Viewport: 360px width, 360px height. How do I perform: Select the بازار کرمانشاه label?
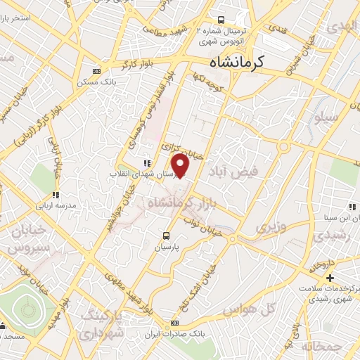[191, 203]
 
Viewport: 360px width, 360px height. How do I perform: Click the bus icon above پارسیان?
[166, 236]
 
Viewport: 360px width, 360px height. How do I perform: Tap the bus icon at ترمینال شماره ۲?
[221, 20]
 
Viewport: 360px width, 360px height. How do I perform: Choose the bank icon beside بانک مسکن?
[96, 71]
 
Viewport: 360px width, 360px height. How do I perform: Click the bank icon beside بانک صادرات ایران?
[175, 323]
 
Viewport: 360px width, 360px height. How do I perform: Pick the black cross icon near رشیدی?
[330, 278]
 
